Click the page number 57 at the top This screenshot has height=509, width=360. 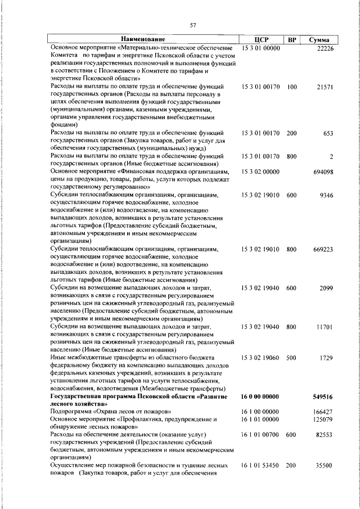pos(192,25)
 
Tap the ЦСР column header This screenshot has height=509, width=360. pos(262,39)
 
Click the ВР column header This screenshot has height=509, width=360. pos(292,39)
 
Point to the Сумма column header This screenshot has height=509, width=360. pos(319,39)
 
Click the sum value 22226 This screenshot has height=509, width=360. pos(325,49)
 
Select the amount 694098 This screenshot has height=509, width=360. pos(323,171)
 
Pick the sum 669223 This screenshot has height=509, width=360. pos(323,249)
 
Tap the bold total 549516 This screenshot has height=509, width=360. pos(323,397)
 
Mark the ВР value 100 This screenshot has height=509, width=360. pos(291,87)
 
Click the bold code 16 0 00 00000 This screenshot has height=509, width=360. pos(261,397)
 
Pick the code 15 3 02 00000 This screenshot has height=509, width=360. pos(261,171)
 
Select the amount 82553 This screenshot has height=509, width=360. pos(325,435)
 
